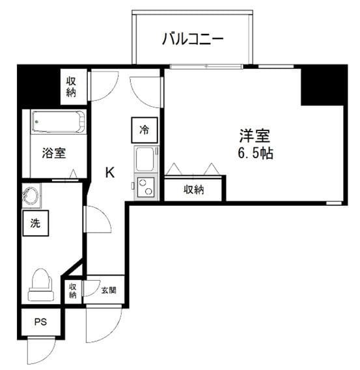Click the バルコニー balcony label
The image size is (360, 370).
click(193, 39)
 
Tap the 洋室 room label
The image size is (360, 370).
click(254, 136)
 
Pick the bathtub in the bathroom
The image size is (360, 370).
click(58, 122)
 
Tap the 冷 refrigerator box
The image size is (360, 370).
click(145, 129)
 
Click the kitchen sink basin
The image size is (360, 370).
click(145, 158)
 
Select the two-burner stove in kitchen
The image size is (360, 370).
click(145, 187)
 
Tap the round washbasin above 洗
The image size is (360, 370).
click(31, 195)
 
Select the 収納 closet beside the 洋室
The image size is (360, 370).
click(193, 190)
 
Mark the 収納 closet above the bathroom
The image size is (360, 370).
click(71, 87)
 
